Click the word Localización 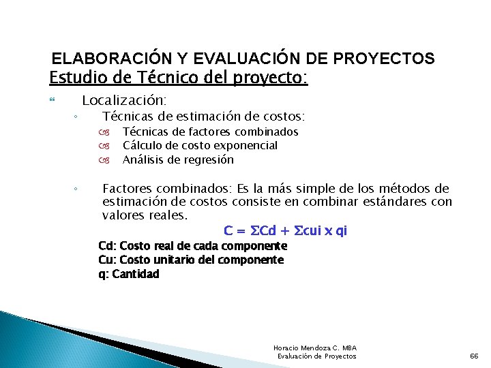(x=124, y=100)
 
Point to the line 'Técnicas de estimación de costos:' (x=203, y=117)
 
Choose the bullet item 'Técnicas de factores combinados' (x=210, y=132)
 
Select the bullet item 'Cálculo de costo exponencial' (x=200, y=145)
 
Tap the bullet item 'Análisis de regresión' (x=178, y=160)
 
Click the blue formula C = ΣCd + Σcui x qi (x=285, y=230)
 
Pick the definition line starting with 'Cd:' (x=192, y=246)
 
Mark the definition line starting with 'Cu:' (x=191, y=260)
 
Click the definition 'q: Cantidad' (x=129, y=274)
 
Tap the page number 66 (x=475, y=356)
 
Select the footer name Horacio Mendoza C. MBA (x=314, y=348)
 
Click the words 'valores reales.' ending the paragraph (x=145, y=215)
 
